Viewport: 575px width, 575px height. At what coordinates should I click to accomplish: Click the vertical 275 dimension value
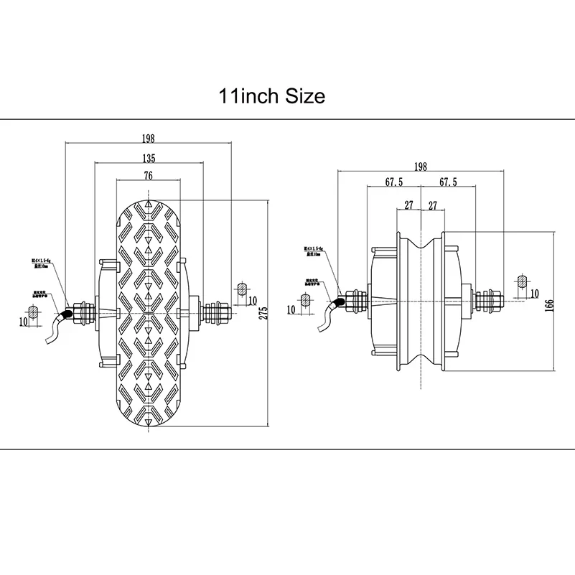point(263,312)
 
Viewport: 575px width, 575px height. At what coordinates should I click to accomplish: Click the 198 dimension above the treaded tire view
point(149,139)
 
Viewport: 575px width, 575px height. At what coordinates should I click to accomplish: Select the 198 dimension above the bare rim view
point(420,166)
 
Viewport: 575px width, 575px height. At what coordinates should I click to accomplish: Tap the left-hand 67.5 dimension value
point(393,183)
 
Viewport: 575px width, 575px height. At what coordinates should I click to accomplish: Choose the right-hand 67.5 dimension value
point(447,183)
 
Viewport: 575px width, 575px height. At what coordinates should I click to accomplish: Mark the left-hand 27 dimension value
point(408,205)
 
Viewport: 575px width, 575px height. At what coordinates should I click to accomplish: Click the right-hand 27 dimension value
point(433,205)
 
